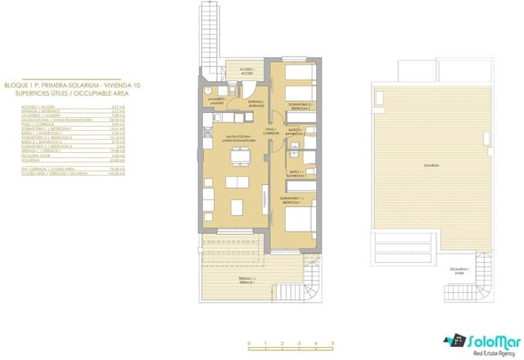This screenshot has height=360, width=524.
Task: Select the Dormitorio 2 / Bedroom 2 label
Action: click(301, 106)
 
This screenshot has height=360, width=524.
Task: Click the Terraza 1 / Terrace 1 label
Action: click(246, 281)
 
